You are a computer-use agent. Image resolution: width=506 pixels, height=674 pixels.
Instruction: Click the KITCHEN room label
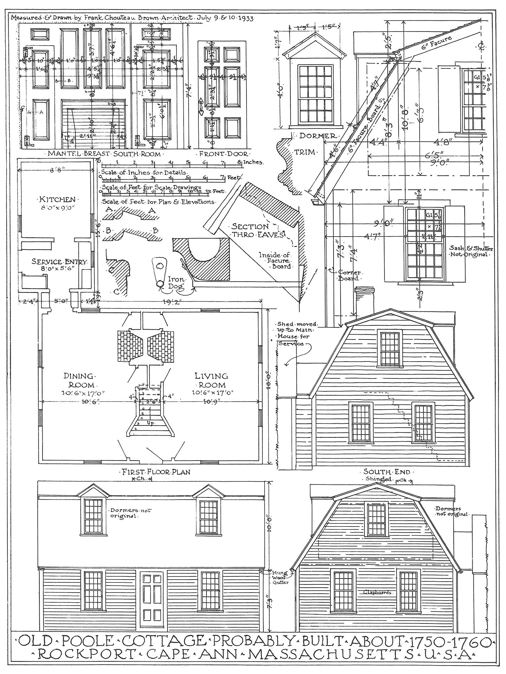click(57, 199)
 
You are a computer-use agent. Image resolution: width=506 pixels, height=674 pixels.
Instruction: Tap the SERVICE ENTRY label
click(54, 262)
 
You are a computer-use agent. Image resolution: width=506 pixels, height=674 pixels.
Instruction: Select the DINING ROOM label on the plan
click(79, 380)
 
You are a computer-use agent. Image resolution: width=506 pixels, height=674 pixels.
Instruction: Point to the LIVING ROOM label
click(211, 380)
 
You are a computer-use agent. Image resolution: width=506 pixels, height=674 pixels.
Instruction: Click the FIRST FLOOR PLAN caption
click(156, 472)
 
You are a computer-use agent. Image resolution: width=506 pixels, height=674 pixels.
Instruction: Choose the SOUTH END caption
click(389, 472)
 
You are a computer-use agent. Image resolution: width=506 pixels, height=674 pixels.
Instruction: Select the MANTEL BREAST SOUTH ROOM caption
click(104, 153)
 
